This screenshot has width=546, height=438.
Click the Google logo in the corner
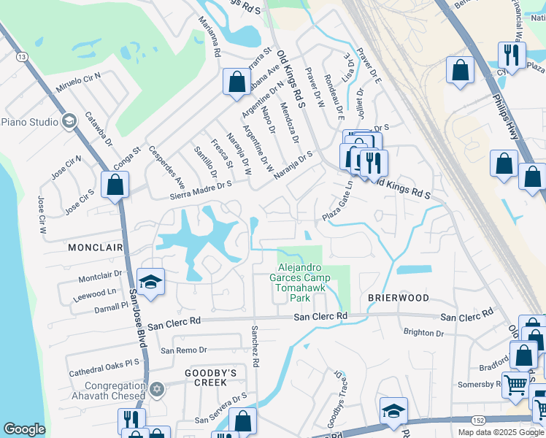[24, 429]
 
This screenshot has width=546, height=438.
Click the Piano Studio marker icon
[69, 122]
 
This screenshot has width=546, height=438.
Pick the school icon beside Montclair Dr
[150, 283]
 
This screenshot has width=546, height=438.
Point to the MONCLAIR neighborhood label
[95, 247]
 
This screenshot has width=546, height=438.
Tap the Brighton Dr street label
[423, 333]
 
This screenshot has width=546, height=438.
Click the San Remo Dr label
[184, 350]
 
